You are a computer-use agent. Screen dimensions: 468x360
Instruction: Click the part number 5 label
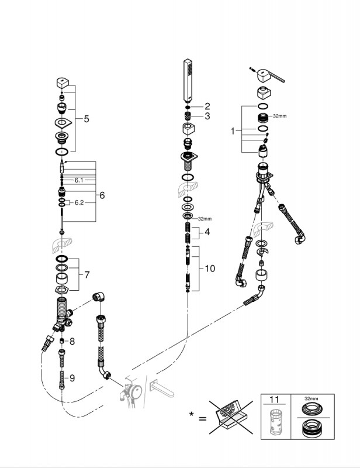click(x=86, y=119)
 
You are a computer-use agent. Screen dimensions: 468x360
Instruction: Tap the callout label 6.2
click(x=79, y=202)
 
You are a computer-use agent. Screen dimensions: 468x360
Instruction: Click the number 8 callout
click(x=72, y=341)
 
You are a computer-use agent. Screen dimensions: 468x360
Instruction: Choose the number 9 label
click(x=72, y=378)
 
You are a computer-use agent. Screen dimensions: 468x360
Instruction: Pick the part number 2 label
click(x=207, y=106)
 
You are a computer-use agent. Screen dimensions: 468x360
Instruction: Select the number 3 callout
click(x=207, y=116)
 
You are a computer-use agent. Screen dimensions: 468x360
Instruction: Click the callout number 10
click(x=210, y=269)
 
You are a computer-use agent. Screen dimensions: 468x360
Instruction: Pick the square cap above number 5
click(x=64, y=84)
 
